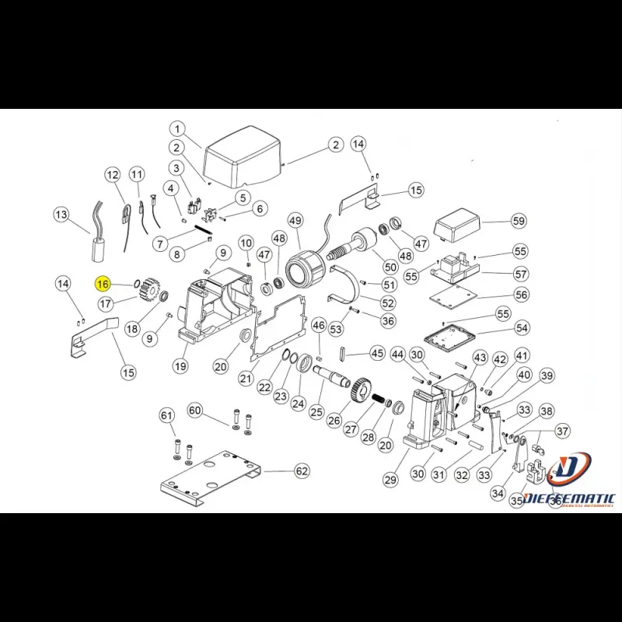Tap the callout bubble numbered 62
[302, 471]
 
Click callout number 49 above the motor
[295, 222]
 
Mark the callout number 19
[180, 366]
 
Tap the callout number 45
[377, 353]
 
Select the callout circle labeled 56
[521, 295]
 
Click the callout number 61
[166, 416]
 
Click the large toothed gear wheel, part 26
[358, 389]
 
